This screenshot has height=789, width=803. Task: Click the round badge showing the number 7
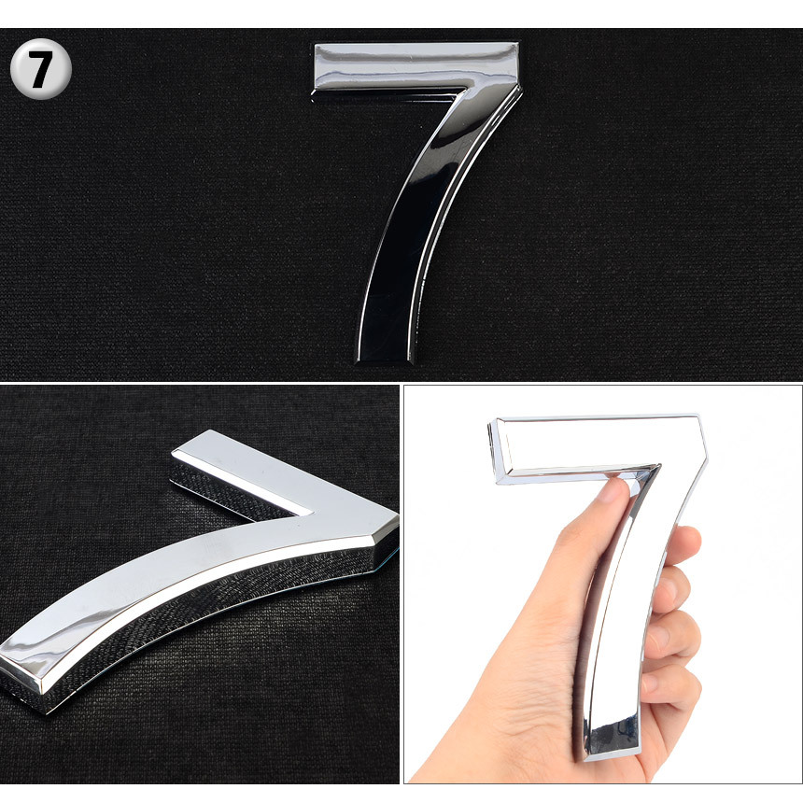[x=41, y=68]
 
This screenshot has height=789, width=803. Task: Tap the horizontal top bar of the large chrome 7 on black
[x=415, y=66]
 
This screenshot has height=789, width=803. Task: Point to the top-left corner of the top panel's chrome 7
[x=315, y=44]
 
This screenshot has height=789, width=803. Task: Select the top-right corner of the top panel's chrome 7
[x=517, y=44]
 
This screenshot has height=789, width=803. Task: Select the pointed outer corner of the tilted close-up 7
[x=397, y=518]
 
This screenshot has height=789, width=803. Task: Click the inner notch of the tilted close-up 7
[x=311, y=512]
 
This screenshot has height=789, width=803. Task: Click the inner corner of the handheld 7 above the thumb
[x=657, y=466]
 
